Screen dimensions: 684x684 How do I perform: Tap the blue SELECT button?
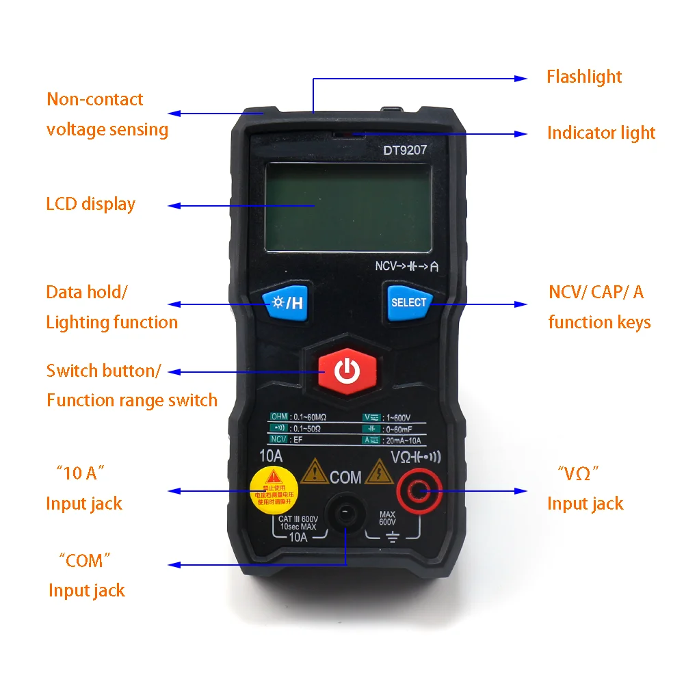click(408, 302)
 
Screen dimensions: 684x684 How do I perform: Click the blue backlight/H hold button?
click(285, 302)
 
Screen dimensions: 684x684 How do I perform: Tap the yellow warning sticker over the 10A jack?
click(273, 488)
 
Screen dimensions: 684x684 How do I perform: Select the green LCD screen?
click(348, 207)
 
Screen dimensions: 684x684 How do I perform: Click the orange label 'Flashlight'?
click(583, 77)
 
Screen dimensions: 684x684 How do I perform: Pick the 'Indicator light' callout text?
click(601, 133)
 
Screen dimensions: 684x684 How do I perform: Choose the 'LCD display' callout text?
click(90, 204)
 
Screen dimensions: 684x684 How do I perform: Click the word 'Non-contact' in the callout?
click(94, 99)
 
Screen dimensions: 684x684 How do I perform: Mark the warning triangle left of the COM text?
click(314, 471)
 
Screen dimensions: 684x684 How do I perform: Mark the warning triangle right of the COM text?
click(377, 471)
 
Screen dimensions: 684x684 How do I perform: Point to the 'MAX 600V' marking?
click(387, 518)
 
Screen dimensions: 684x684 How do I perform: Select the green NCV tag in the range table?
click(278, 439)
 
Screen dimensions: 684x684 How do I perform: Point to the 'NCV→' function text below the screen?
click(389, 267)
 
